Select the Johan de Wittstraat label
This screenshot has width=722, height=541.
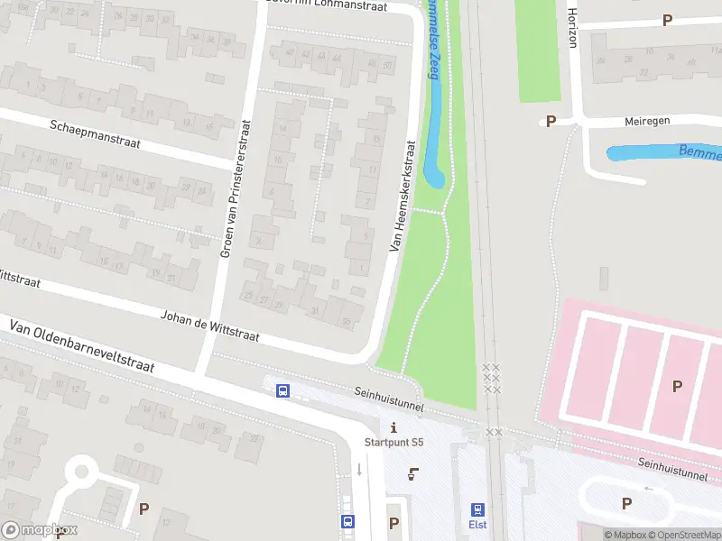pos(209,326)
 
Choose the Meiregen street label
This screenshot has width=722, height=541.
pos(650,122)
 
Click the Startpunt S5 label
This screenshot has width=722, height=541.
pos(393,442)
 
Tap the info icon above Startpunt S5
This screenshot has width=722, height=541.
pos(393,426)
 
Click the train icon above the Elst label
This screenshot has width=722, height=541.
pos(477,509)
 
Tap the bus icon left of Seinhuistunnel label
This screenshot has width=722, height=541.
pos(282,390)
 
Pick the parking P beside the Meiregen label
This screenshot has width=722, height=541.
pos(550,121)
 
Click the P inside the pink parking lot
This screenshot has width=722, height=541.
pos(677,386)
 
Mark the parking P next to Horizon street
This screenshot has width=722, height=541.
pos(668,20)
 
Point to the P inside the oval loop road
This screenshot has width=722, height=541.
pos(625,503)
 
